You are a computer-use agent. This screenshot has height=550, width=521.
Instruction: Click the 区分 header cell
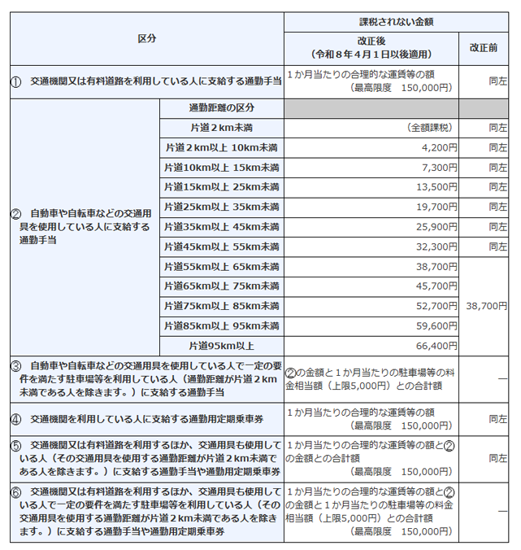pos(146,38)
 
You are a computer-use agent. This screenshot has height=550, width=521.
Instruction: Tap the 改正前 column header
pos(484,47)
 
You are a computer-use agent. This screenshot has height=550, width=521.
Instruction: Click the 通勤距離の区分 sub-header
pos(221,108)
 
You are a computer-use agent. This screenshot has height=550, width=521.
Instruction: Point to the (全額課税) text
pos(432,128)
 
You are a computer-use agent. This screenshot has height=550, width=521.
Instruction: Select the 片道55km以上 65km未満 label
pos(221,266)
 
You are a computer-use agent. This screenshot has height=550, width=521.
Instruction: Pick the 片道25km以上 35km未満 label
pos(221,207)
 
